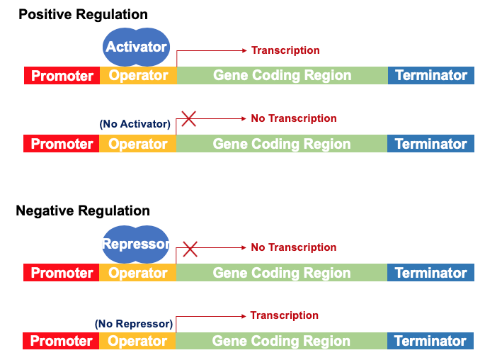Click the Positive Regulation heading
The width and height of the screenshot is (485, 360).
83,14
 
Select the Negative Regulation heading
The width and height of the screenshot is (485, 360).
83,210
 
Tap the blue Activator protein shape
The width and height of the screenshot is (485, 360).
136,47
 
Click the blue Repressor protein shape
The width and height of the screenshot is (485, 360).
136,244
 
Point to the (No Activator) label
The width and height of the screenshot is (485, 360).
135,124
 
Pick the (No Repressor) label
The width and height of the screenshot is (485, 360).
133,324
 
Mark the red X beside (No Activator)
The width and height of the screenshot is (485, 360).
188,118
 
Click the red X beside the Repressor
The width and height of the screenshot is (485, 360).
190,249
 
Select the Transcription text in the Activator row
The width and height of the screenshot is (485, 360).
285,50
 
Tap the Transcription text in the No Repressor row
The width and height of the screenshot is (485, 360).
284,315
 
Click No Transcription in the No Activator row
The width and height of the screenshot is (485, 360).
293,118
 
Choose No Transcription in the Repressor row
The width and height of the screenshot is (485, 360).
293,247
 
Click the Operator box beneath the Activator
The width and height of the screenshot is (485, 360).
138,75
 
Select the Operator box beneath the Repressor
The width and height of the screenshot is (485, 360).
137,273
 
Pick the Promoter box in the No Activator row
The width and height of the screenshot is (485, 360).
62,144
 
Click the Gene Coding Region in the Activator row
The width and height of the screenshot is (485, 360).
282,75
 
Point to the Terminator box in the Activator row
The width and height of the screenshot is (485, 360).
430,75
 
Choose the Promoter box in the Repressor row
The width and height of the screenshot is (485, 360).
62,273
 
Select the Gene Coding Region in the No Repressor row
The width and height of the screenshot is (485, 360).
281,341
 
